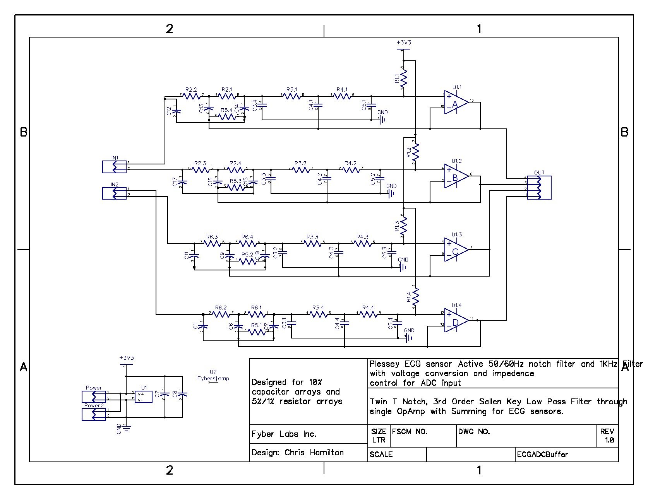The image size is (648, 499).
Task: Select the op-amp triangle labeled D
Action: [456, 321]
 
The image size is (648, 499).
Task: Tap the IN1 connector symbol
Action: [114, 167]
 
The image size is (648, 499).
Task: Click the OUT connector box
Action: [539, 188]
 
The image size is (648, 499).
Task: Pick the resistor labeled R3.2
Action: [300, 169]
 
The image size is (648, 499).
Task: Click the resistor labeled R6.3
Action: [212, 243]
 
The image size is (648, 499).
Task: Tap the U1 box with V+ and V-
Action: [143, 396]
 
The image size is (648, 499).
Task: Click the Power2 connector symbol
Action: [94, 414]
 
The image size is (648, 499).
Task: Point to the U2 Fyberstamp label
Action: [213, 376]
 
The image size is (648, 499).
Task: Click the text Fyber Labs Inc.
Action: [284, 434]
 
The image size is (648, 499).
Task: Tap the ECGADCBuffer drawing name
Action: [542, 455]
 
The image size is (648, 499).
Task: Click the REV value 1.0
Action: [609, 440]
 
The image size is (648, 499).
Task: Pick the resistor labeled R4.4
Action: [368, 314]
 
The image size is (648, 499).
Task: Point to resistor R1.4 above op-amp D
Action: [415, 297]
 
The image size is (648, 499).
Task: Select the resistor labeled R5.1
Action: [256, 332]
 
